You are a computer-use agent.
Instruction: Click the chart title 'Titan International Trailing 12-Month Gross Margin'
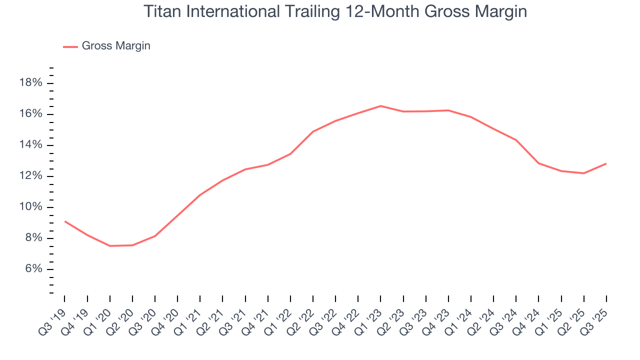[335, 11]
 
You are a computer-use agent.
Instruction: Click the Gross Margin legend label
[116, 46]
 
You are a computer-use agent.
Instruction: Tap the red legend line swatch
[70, 46]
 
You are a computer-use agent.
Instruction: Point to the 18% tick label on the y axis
[30, 83]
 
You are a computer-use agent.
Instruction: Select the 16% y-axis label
[30, 114]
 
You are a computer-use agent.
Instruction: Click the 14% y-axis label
[30, 145]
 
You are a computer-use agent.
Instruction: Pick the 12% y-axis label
[30, 176]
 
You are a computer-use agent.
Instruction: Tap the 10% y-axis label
[30, 207]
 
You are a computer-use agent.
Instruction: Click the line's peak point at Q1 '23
[380, 106]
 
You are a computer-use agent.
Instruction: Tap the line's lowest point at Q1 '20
[110, 246]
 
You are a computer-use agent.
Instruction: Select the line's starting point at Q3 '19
[65, 221]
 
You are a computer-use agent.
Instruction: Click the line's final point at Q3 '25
[606, 163]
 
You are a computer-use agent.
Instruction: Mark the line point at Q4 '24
[538, 163]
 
